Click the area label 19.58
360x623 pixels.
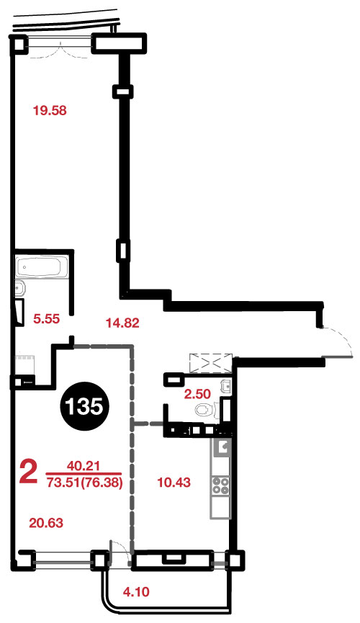tap(50, 110)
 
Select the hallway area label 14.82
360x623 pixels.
tap(122, 323)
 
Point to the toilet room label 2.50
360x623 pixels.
tap(197, 394)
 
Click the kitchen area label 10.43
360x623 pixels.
tap(174, 483)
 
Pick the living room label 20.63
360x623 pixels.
tap(47, 522)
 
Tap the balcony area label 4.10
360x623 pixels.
tap(136, 592)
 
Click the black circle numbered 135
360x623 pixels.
tap(84, 406)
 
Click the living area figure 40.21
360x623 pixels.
tap(84, 465)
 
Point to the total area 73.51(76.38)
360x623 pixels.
tap(84, 483)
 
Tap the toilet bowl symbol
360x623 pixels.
tap(206, 410)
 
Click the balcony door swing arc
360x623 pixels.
tap(121, 551)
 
